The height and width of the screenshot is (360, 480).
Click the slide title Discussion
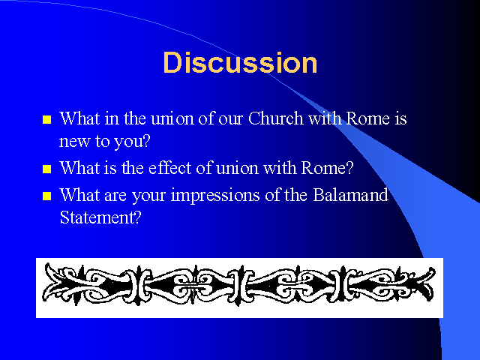240,62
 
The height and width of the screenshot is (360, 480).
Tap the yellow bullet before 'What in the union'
46,119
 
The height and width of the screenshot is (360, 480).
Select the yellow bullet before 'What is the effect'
46,169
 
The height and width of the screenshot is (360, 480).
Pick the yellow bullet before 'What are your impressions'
46,196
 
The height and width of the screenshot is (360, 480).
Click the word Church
275,118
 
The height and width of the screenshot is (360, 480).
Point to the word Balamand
350,195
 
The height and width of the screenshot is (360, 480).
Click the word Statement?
100,217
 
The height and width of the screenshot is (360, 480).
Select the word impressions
215,196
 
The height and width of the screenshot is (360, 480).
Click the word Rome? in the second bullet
327,168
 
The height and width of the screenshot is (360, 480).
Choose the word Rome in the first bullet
368,118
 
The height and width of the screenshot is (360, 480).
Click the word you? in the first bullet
132,142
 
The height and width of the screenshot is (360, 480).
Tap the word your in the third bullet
148,196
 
